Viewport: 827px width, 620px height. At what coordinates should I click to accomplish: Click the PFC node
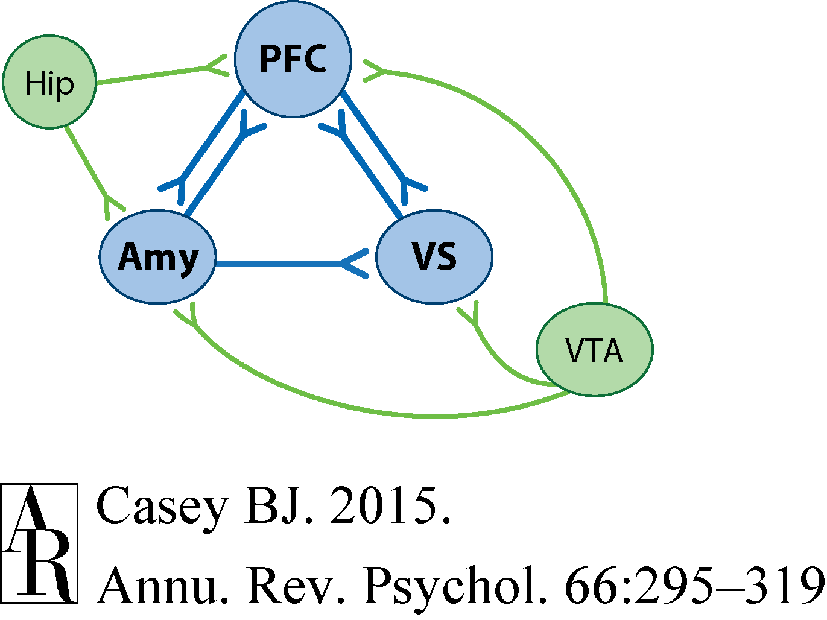point(293,59)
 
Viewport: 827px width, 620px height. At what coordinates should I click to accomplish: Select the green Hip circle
point(49,82)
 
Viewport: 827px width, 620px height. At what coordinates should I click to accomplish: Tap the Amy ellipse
point(157,257)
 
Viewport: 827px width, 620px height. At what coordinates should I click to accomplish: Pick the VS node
point(434,257)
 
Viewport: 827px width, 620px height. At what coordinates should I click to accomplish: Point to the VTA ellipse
point(594,350)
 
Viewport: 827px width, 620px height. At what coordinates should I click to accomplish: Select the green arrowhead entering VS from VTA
point(470,314)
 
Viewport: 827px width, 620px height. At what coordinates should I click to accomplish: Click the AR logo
point(39,543)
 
